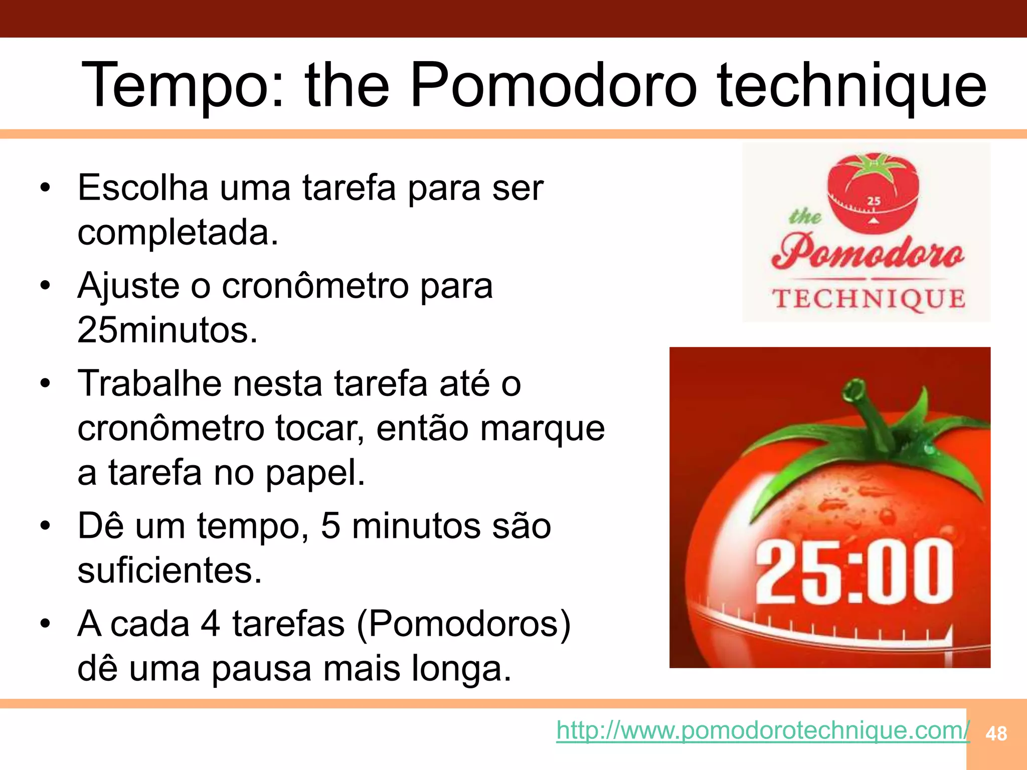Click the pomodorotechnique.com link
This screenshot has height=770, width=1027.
[x=762, y=730]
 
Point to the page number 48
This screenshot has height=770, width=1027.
[x=996, y=734]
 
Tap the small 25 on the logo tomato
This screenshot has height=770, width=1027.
[x=874, y=201]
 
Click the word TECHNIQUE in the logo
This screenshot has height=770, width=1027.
[x=869, y=299]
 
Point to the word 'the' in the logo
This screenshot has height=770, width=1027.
[x=804, y=217]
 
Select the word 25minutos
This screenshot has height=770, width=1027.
[x=167, y=330]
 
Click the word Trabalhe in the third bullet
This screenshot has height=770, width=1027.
[x=149, y=383]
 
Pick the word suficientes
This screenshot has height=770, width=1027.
[x=169, y=570]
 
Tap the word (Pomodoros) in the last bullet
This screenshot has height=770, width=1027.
[x=463, y=624]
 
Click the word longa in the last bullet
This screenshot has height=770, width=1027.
[x=461, y=669]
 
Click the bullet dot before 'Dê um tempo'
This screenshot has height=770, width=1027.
[x=46, y=526]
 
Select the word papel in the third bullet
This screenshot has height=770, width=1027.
[x=315, y=473]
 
